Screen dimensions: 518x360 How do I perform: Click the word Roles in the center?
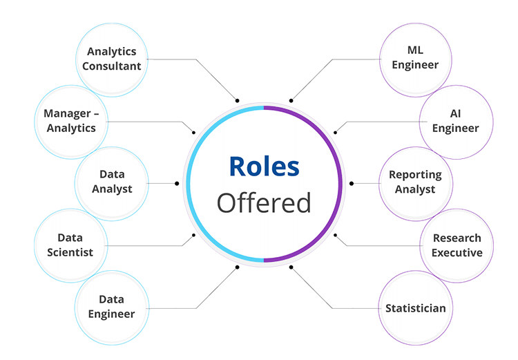(265, 167)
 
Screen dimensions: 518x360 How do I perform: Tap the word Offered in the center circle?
(264, 202)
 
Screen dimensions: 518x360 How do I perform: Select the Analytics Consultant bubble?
(112, 60)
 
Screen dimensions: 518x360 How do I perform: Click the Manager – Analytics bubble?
(71, 122)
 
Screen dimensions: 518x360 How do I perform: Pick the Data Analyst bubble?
(112, 184)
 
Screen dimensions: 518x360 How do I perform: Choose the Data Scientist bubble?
(70, 245)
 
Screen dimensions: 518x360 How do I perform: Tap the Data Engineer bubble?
(112, 307)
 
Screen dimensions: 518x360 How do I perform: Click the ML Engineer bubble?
(415, 60)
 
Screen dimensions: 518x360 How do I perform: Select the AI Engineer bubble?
(456, 122)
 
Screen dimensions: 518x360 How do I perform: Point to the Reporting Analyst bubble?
(415, 184)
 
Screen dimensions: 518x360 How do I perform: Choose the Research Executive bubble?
(457, 245)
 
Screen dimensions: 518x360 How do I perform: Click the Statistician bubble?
(415, 307)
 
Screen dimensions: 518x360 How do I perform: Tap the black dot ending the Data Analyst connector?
(177, 184)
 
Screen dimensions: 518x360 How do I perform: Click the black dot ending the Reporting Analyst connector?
(352, 184)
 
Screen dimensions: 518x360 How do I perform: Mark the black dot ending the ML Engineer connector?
(291, 100)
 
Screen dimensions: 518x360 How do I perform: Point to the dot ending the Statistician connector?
(291, 267)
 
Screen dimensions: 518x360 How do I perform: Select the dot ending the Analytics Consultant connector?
(237, 100)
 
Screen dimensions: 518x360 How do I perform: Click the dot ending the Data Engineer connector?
(237, 267)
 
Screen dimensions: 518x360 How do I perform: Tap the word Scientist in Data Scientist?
(70, 253)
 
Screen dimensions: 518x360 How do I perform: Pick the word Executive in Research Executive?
(457, 253)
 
